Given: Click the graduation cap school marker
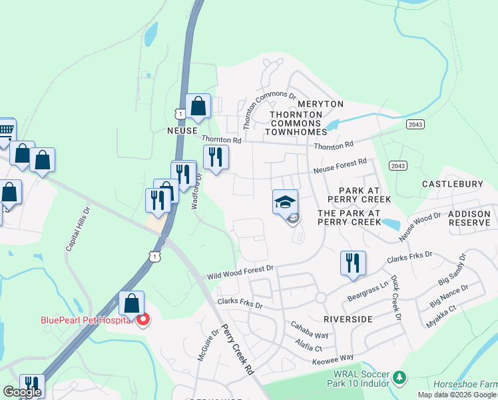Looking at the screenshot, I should tap(285, 202).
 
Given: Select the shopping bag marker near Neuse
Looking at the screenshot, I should tap(198, 105).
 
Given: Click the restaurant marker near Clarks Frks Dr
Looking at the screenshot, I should tap(353, 263).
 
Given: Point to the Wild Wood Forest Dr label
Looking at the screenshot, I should tap(240, 272).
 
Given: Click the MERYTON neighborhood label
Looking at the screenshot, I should tap(320, 104).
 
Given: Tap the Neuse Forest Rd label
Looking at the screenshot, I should tap(341, 166).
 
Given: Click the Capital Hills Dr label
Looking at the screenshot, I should tap(77, 227).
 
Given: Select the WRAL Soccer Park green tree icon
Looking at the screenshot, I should tap(399, 378).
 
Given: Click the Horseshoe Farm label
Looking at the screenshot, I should tap(464, 384).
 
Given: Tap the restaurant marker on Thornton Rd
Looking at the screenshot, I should tap(216, 157).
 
